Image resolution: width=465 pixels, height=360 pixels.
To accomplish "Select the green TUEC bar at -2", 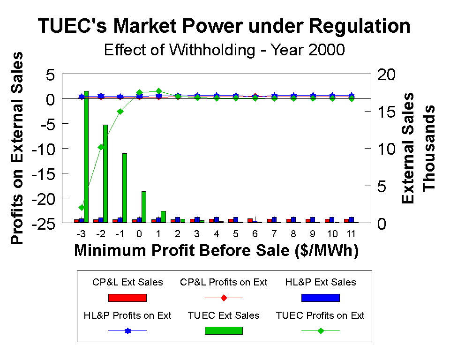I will click(x=105, y=173).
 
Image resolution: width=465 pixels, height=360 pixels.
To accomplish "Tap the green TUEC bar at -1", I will click(x=125, y=187).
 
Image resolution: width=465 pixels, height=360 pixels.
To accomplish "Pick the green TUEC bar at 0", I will click(x=144, y=207).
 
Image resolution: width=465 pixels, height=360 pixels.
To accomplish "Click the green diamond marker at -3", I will click(x=82, y=207).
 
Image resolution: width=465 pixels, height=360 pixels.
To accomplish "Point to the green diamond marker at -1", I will click(x=120, y=112).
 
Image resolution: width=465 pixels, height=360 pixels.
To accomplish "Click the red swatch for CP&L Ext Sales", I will click(x=127, y=298).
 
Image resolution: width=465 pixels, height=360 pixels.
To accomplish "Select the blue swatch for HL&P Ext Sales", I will click(x=320, y=298).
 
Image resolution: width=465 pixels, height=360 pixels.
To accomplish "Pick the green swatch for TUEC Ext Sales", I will click(x=224, y=330).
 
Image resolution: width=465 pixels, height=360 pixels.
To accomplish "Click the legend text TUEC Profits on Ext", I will click(x=320, y=315).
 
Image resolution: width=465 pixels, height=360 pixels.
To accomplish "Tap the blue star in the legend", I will click(x=127, y=331).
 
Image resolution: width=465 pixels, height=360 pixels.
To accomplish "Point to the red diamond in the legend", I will click(x=224, y=298).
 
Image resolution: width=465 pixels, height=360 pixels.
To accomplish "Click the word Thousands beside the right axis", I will click(x=429, y=148).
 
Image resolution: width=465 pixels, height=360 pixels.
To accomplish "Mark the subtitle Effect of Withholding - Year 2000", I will click(x=224, y=50).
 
